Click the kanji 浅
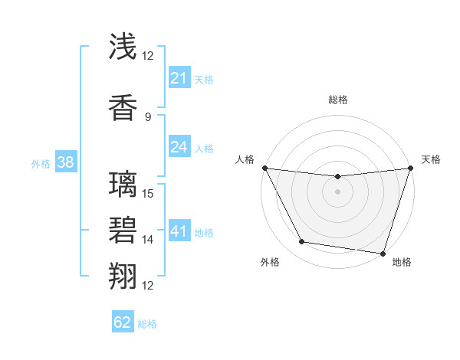[x=123, y=48]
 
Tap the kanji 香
[x=123, y=106]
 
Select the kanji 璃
[x=123, y=185]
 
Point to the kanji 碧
[x=123, y=230]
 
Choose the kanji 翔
[x=123, y=275]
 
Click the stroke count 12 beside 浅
[x=148, y=56]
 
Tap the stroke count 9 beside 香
[x=148, y=116]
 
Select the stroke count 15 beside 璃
[x=149, y=193]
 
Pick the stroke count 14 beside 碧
[x=149, y=240]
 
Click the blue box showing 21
[x=179, y=77]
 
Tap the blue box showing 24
[x=179, y=147]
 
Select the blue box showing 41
[x=179, y=231]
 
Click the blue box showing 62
[x=123, y=322]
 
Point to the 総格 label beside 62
[x=147, y=324]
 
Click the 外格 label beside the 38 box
[x=41, y=162]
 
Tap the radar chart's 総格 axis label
[x=337, y=100]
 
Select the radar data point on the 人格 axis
[x=264, y=168]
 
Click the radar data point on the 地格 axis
[x=383, y=253]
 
